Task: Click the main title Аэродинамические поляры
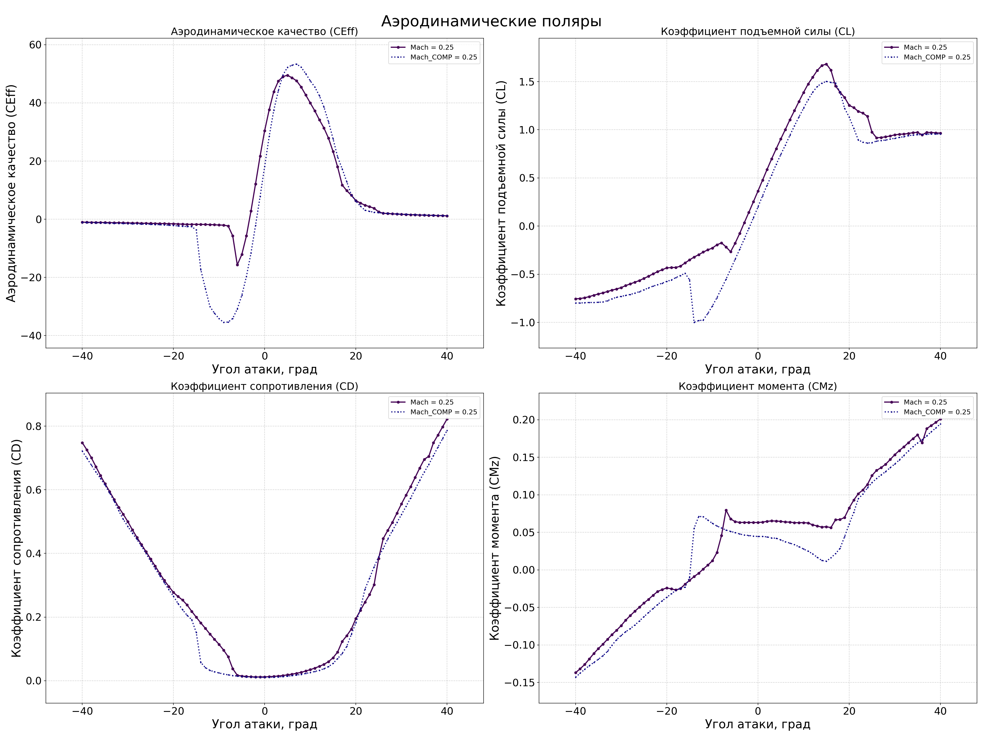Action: click(x=491, y=21)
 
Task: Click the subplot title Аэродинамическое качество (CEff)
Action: click(x=264, y=32)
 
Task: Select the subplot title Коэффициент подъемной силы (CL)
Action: click(x=758, y=32)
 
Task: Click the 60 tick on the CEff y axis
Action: click(x=35, y=45)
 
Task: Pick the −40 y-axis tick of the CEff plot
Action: click(x=31, y=336)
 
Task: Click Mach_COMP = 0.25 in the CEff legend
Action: click(x=443, y=57)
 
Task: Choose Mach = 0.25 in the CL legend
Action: click(x=925, y=47)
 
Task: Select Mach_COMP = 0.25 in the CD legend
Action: click(x=443, y=412)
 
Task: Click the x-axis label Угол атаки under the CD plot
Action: click(x=264, y=724)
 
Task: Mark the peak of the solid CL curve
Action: click(x=826, y=64)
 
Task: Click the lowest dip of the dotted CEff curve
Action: click(x=226, y=323)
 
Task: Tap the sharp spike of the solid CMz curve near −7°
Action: click(x=726, y=510)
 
